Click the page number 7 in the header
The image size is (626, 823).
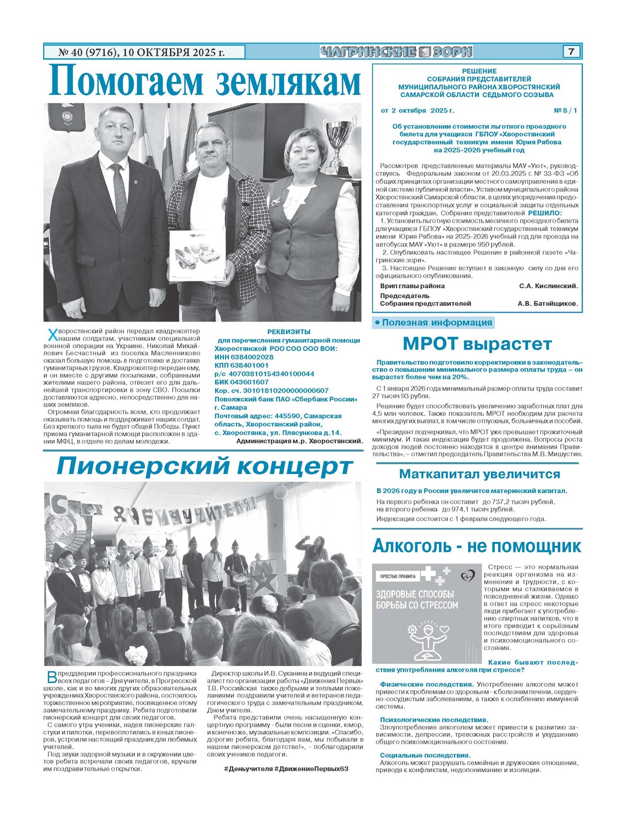571,52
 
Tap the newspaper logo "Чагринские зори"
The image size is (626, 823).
396,52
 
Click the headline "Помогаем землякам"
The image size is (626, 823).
204,82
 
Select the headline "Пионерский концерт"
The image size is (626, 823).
204,466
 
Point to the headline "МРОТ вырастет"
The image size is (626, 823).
477,344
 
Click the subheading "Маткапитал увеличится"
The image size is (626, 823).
479,474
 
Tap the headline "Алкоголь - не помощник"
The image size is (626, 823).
477,546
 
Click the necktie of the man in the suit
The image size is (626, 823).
119,195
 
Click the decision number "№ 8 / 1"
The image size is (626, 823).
566,111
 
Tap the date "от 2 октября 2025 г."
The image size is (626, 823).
417,111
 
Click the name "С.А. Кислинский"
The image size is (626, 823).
548,286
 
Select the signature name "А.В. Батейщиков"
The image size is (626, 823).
547,303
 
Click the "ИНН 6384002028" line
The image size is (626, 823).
244,357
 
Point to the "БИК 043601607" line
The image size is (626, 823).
241,382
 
